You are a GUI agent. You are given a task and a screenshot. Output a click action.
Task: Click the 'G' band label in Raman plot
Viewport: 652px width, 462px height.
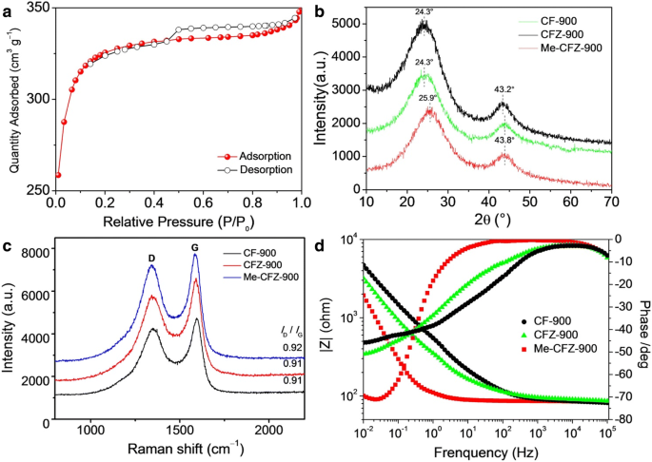pyautogui.click(x=196, y=256)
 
